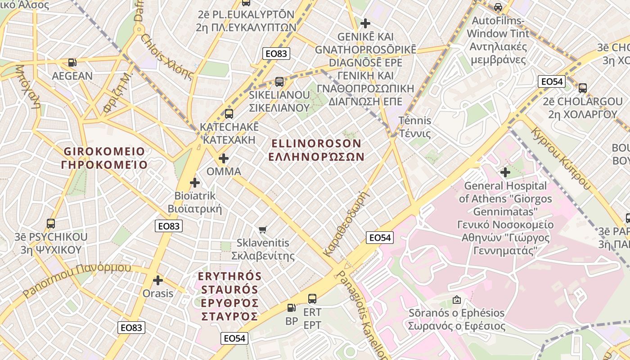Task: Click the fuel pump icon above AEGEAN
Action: click(72, 63)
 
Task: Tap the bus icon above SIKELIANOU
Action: click(279, 81)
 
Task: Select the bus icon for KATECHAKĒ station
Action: click(229, 113)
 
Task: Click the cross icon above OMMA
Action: click(223, 158)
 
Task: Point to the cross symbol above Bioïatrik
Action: click(194, 183)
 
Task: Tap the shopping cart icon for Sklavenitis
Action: click(263, 229)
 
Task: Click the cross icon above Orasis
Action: click(157, 280)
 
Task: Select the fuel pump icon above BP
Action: click(292, 308)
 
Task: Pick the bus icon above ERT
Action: click(312, 298)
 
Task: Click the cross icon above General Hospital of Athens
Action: click(505, 172)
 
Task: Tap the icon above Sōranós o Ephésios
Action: click(456, 299)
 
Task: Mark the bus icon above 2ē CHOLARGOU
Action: click(582, 88)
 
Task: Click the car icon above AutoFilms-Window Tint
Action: click(498, 7)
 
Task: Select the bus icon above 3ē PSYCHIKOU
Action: click(50, 223)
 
